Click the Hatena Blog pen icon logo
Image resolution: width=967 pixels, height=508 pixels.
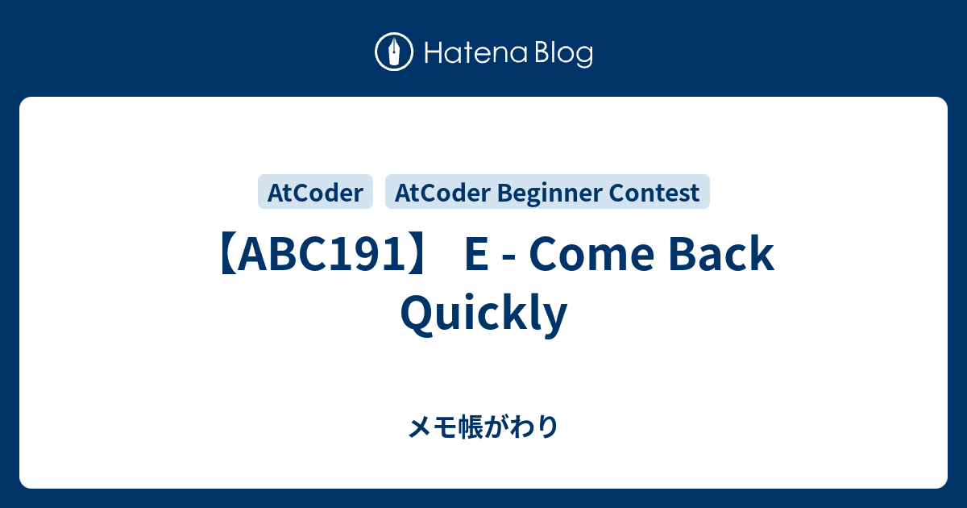click(394, 53)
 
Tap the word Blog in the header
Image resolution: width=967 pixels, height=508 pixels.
click(562, 54)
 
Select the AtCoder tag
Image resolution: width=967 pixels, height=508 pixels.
click(315, 193)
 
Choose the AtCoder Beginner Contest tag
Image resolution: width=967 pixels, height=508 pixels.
click(547, 193)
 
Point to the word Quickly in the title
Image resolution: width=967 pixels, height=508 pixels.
click(483, 314)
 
